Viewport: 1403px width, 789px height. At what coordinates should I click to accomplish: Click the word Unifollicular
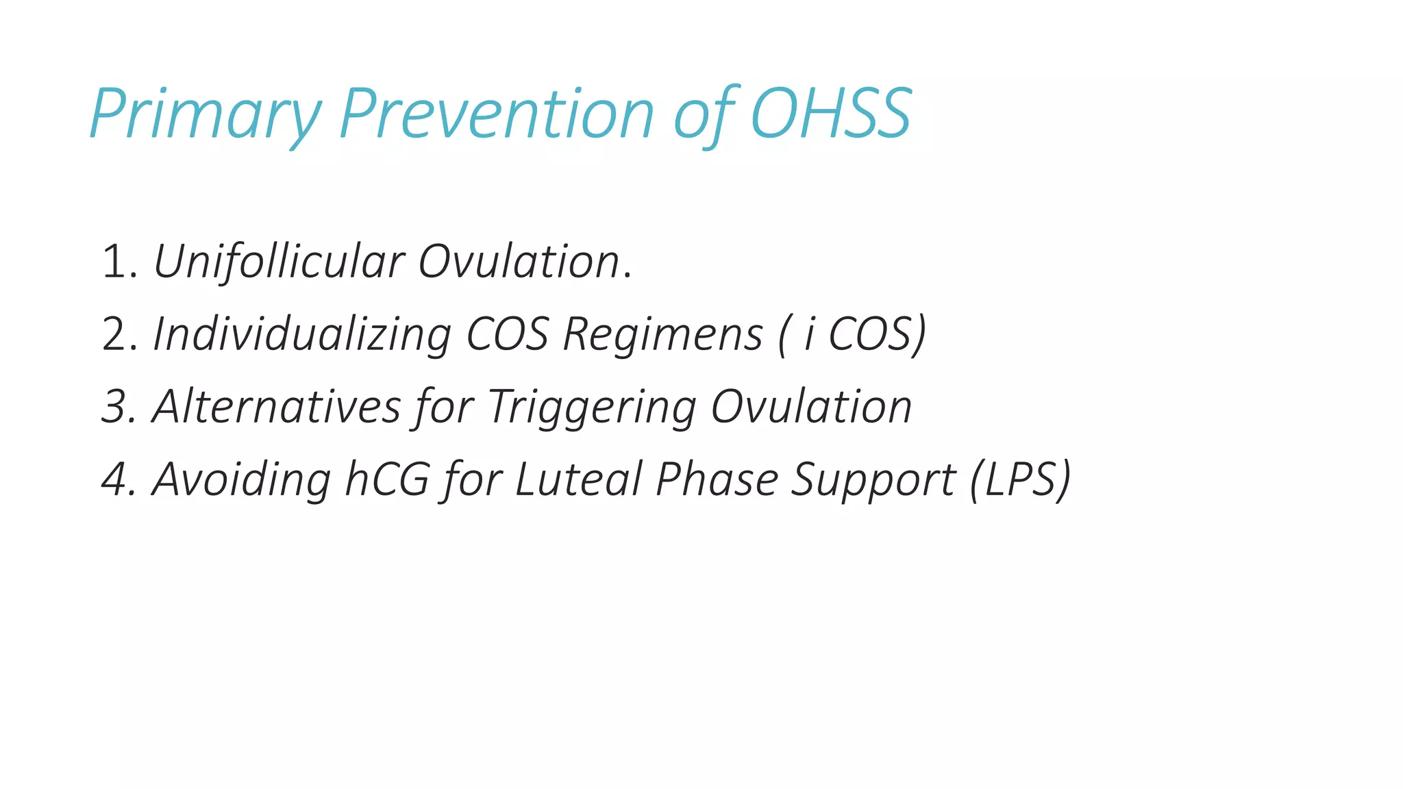[x=279, y=262]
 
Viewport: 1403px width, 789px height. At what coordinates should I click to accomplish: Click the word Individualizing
[x=302, y=335]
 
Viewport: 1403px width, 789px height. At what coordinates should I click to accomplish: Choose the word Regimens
[x=662, y=335]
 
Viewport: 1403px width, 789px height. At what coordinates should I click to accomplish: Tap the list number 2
[x=115, y=335]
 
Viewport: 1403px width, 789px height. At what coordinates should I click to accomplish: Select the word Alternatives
[x=276, y=408]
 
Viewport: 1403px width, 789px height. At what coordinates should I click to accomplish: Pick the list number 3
[x=115, y=408]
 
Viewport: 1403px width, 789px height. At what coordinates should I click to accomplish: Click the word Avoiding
[x=242, y=479]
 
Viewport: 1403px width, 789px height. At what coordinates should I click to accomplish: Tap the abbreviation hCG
[x=387, y=479]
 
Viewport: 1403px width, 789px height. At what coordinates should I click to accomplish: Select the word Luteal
[x=578, y=479]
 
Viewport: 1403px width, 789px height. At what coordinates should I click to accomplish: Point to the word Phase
[x=717, y=479]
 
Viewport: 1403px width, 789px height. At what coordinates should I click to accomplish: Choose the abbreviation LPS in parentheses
[x=1021, y=479]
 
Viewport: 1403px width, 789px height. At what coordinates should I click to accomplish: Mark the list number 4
[x=115, y=479]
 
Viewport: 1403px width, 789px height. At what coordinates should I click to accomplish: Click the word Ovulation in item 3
[x=811, y=408]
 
